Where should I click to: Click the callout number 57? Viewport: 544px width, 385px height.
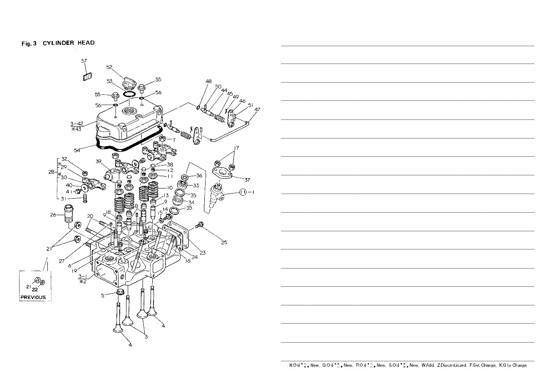coord(84,61)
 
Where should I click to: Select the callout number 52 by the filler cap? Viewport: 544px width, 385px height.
coord(109,67)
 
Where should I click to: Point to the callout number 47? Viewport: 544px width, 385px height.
coord(258,110)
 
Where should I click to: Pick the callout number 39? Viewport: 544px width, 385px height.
coord(99,161)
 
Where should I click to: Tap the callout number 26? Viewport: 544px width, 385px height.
coord(53,215)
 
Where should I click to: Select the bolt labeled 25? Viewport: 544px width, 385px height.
coord(200,225)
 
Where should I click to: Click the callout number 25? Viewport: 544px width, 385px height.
coord(224,243)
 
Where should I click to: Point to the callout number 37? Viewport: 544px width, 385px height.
coord(247,180)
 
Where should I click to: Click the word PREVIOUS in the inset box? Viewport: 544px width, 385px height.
coord(33,297)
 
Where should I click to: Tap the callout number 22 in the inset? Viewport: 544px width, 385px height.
coord(35,290)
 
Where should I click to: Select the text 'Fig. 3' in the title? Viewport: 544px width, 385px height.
coord(29,43)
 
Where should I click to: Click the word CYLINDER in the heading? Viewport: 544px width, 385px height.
coord(58,43)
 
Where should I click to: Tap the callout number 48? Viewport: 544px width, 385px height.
coord(209,81)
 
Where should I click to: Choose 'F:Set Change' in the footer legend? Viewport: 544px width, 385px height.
coord(483,365)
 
